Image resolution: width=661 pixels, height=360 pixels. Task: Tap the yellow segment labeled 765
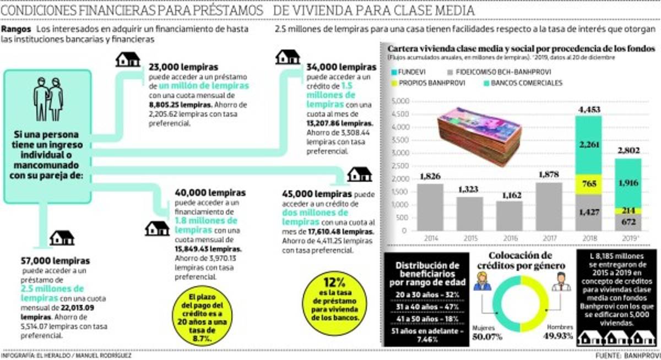pos(588,183)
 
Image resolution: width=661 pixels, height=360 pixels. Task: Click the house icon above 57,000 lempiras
pos(62,238)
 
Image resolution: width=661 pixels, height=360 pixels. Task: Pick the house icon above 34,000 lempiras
pos(288,57)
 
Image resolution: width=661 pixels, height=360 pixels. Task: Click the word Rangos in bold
pos(17,29)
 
